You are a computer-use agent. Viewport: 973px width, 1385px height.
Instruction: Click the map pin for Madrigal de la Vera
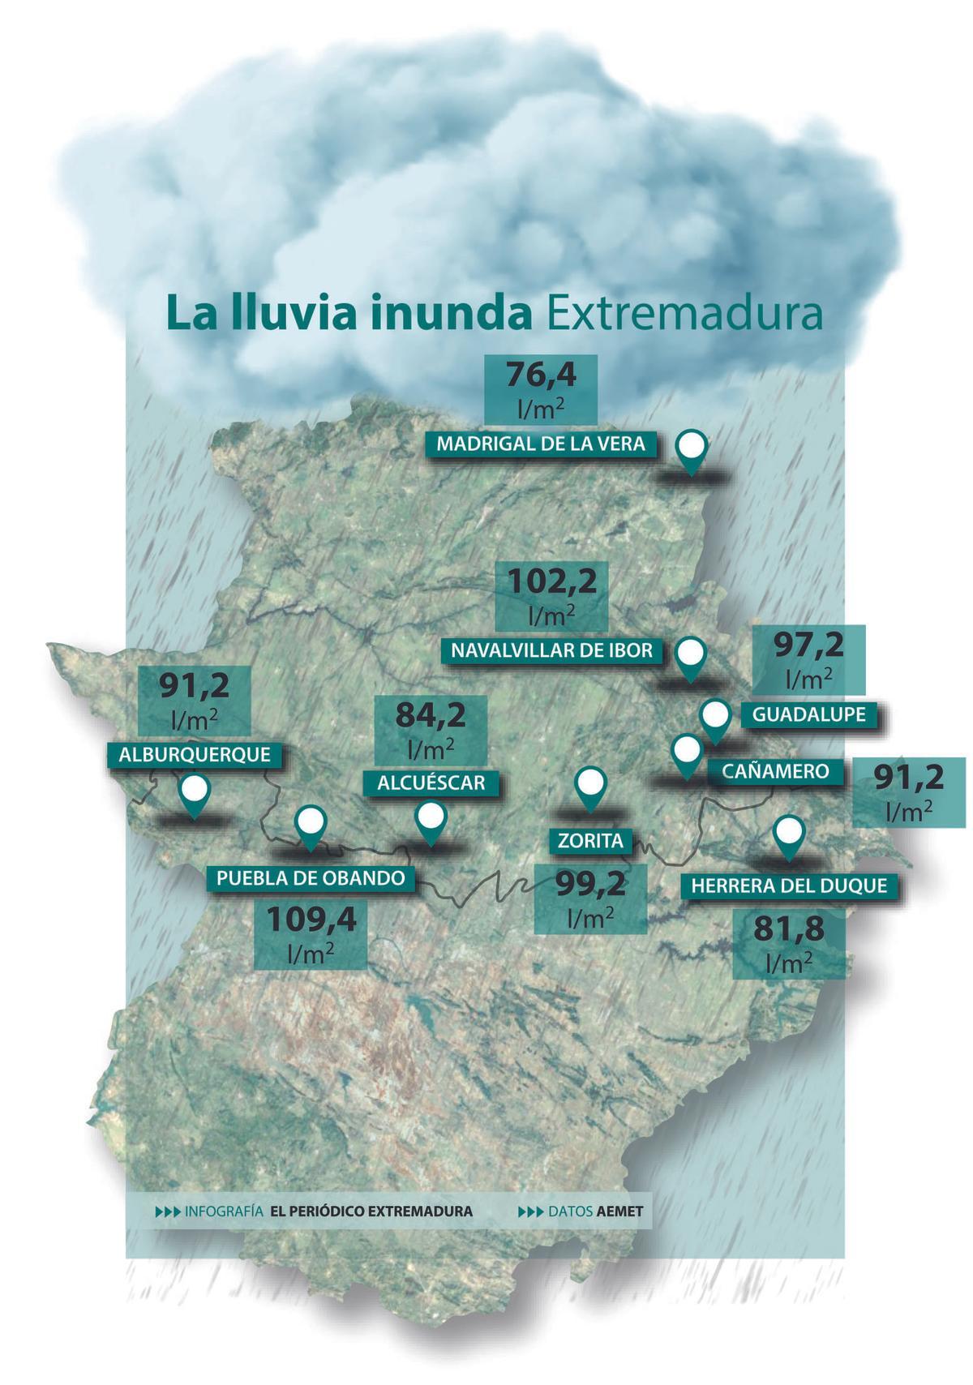tap(691, 451)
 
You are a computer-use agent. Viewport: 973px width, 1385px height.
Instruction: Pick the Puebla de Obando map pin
tap(311, 826)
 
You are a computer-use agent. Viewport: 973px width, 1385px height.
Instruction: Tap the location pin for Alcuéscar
tap(430, 822)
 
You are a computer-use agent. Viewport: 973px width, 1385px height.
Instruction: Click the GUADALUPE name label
tap(808, 714)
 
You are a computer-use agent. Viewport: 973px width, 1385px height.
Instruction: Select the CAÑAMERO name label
tap(775, 770)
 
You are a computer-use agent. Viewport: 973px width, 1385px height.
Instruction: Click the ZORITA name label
tap(590, 841)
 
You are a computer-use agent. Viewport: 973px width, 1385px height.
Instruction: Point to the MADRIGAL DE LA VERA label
tap(541, 444)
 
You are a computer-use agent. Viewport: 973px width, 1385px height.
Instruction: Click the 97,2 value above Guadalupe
tap(808, 645)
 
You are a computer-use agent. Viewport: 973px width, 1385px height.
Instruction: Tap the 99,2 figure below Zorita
tap(589, 884)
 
